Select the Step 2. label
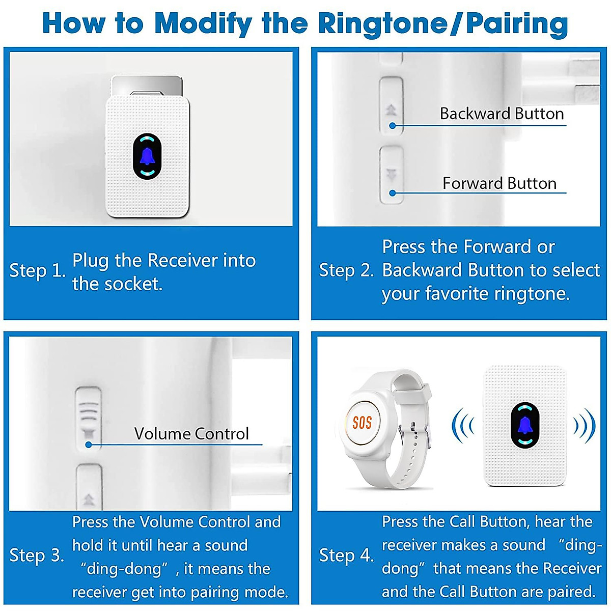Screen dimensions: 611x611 pos(346,270)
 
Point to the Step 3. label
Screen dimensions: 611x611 pos(37,556)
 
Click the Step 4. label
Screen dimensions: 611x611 pos(346,556)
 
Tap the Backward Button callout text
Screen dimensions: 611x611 pos(502,114)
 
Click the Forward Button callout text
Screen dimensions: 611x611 pos(499,183)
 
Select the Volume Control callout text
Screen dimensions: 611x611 pos(191,434)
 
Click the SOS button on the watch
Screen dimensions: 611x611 pos(362,422)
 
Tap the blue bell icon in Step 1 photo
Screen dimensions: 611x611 pos(147,157)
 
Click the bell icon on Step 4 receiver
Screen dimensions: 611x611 pos(524,426)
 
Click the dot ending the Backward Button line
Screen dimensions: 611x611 pos(392,125)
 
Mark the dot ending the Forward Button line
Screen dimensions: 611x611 pos(392,193)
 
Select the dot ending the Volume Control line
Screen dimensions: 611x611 pos(89,445)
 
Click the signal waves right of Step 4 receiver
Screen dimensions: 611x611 pos(585,425)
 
